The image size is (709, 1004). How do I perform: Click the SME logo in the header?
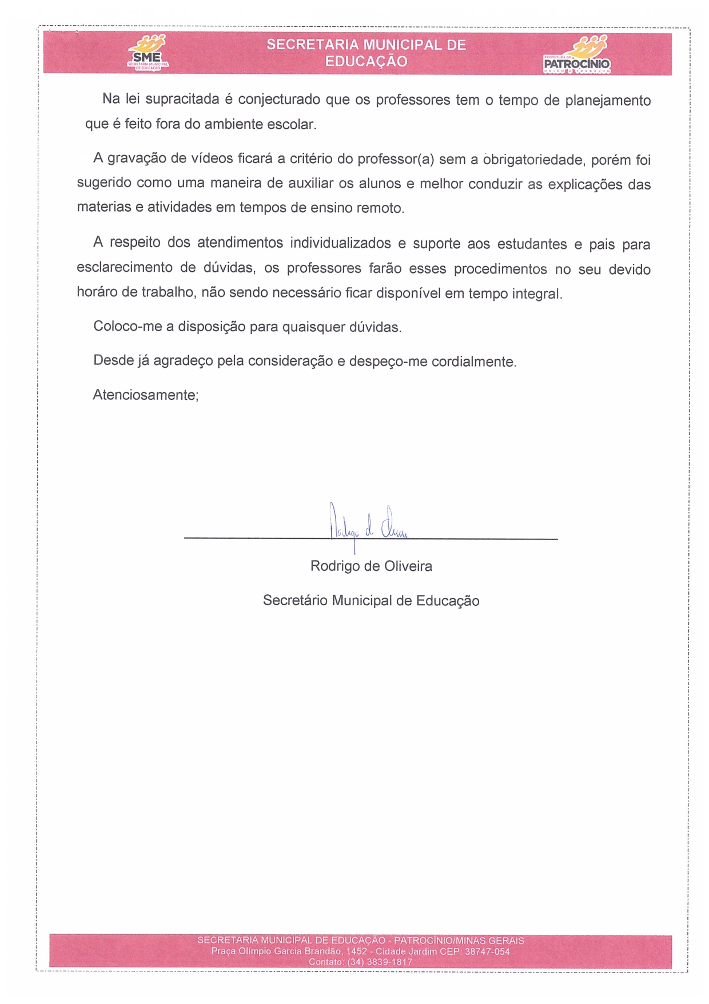(x=148, y=53)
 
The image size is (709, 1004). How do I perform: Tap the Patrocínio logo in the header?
(x=577, y=55)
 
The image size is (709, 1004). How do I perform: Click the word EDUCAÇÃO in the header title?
(x=366, y=62)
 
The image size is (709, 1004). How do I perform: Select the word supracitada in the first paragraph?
(x=182, y=100)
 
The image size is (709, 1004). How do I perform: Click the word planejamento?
(x=608, y=101)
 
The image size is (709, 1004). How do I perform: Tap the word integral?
(x=537, y=294)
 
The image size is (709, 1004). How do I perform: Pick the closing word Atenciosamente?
(x=145, y=395)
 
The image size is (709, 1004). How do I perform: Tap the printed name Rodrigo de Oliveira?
(x=371, y=566)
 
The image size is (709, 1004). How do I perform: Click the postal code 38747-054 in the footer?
(x=487, y=951)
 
